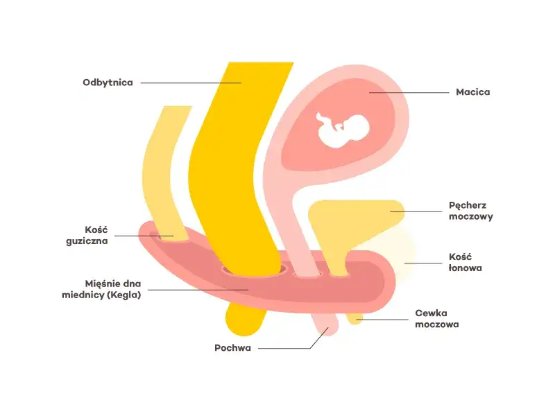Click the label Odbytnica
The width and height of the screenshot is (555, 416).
[x=108, y=83]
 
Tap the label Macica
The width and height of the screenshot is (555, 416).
[x=473, y=92]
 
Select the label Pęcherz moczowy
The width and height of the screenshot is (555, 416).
[x=471, y=211]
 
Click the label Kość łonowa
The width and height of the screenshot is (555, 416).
[x=465, y=262]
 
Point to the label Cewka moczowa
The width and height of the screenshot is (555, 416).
[x=437, y=318]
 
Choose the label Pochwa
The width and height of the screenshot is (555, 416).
[x=232, y=348]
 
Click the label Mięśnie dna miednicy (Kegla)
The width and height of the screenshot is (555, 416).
[x=101, y=289]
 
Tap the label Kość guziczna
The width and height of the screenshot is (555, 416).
[x=87, y=235]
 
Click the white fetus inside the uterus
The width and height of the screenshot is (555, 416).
[x=342, y=130]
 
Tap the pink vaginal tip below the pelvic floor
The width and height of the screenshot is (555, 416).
[x=325, y=324]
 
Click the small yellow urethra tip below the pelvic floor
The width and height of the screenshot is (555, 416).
[x=355, y=318]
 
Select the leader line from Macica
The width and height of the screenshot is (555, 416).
[x=409, y=93]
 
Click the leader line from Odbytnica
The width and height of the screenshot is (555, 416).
[x=191, y=83]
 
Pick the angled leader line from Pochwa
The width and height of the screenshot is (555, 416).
[x=293, y=343]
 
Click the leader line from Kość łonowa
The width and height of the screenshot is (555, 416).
[x=423, y=263]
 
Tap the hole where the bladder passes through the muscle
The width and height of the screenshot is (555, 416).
[x=339, y=274]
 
